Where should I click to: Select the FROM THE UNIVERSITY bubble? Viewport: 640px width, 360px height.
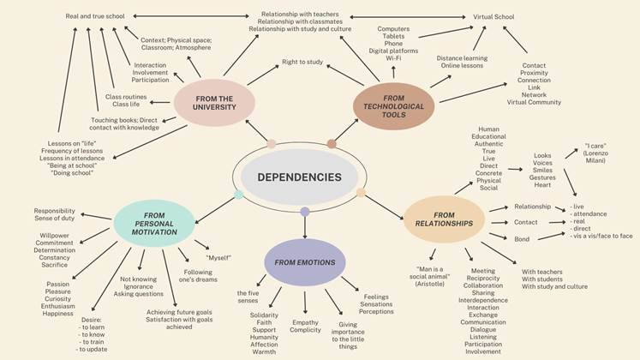tap(213, 102)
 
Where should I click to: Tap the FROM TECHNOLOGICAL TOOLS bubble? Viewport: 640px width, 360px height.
tap(395, 106)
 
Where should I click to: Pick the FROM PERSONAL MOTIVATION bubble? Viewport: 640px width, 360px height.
tap(155, 222)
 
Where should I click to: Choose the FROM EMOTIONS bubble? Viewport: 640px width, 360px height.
tap(305, 261)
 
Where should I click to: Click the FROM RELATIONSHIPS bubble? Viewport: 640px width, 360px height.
tap(444, 219)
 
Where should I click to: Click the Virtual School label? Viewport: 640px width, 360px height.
tap(493, 15)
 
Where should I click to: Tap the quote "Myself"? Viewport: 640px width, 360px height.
tap(218, 257)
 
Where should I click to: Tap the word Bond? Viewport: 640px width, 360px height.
tap(522, 238)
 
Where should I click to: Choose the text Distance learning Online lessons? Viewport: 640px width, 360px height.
tap(462, 62)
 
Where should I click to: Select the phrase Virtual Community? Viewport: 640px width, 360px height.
tap(534, 102)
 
